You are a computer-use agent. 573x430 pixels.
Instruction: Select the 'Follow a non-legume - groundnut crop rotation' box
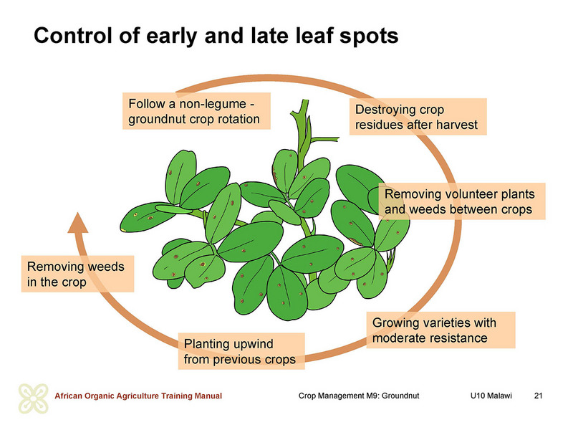pyautogui.click(x=196, y=111)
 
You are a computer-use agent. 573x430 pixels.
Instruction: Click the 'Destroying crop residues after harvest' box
pyautogui.click(x=418, y=117)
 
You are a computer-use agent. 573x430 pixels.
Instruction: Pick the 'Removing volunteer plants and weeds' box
pyautogui.click(x=461, y=201)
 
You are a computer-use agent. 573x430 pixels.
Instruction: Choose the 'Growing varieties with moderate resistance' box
pyautogui.click(x=440, y=330)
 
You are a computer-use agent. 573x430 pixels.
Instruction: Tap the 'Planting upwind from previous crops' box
pyautogui.click(x=241, y=351)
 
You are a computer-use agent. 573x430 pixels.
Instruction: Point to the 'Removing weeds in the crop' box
pyautogui.click(x=77, y=274)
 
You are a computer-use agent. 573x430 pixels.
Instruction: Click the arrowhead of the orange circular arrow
pyautogui.click(x=78, y=223)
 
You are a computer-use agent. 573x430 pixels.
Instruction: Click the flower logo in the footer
pyautogui.click(x=33, y=398)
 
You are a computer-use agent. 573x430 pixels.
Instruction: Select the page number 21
pyautogui.click(x=538, y=396)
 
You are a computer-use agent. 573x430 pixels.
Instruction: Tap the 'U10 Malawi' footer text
pyautogui.click(x=491, y=396)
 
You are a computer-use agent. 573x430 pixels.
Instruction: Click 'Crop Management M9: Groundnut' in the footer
pyautogui.click(x=359, y=396)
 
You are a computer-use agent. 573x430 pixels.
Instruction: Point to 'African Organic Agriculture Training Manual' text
pyautogui.click(x=138, y=396)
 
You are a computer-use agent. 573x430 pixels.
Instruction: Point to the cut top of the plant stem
pyautogui.click(x=304, y=100)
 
